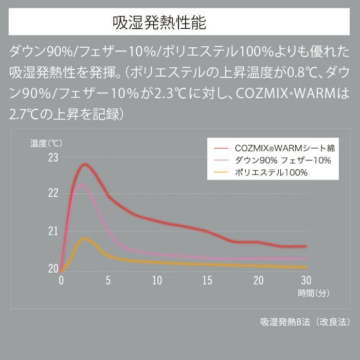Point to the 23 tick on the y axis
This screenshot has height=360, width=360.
tap(53, 157)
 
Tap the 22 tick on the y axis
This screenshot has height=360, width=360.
tap(53, 194)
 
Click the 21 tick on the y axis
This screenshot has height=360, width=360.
tap(53, 231)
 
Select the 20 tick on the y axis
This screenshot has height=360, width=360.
tap(53, 268)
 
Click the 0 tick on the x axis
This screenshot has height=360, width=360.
tap(61, 280)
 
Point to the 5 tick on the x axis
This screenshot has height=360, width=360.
tap(108, 280)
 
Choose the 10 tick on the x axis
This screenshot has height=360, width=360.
tap(157, 280)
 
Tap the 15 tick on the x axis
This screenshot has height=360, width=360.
tap(207, 280)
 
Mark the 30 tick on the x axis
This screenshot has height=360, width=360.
tap(305, 280)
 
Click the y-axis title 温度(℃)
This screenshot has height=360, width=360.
tap(46, 142)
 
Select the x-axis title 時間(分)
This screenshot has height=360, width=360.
tap(313, 293)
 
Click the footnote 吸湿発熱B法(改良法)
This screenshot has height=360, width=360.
tap(305, 322)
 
